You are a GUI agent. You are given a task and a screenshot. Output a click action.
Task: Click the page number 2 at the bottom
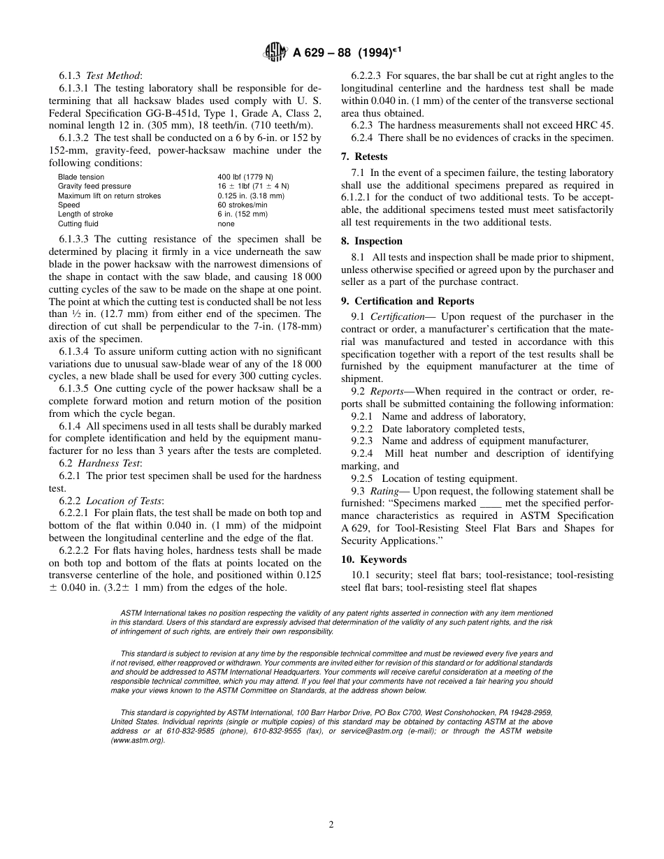tap(331, 824)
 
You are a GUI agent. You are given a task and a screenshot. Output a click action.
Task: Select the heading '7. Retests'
tap(364, 156)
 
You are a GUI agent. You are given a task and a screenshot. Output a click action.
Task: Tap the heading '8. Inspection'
tap(372, 241)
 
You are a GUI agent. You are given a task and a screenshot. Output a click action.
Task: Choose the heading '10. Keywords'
tap(374, 559)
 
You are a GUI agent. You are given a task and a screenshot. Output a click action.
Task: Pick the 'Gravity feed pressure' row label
tap(94, 186)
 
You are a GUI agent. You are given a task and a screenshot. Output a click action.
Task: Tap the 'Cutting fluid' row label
tap(78, 224)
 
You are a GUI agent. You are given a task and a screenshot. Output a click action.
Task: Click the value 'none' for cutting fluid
tap(226, 224)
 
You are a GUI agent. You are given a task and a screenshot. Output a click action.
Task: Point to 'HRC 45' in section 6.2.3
tap(596, 125)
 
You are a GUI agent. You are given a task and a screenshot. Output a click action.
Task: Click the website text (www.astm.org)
tap(138, 740)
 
